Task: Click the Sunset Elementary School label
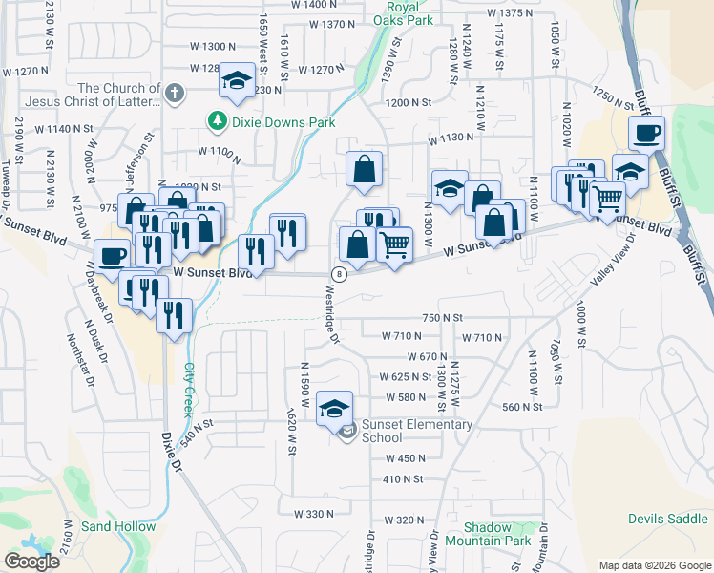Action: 417,431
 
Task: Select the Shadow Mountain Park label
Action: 496,534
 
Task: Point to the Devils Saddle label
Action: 668,519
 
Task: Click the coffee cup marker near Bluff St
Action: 646,133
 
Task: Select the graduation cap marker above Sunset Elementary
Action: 334,410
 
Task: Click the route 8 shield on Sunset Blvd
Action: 338,274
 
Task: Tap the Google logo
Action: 31,562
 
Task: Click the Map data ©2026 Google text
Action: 654,565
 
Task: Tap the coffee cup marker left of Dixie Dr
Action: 112,256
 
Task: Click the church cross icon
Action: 173,93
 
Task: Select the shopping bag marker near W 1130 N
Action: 364,170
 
